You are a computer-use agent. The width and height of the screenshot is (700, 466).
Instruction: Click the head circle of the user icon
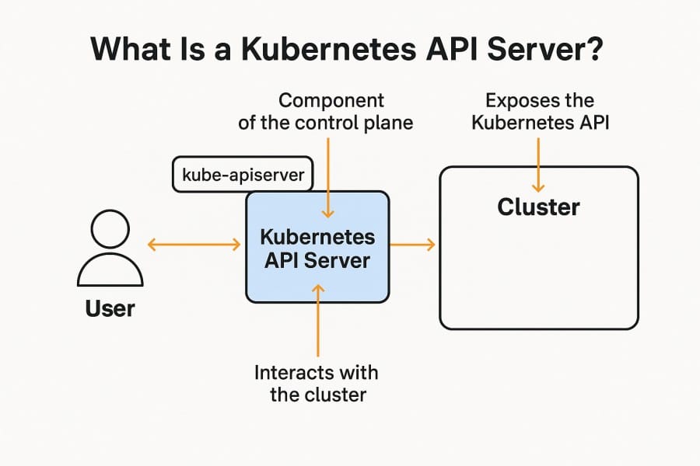pyautogui.click(x=110, y=231)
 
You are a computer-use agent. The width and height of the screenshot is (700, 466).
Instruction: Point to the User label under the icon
pyautogui.click(x=110, y=308)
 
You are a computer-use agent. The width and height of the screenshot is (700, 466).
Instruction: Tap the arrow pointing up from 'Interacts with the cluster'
pyautogui.click(x=318, y=318)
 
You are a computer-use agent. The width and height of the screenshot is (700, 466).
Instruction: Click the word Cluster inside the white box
pyautogui.click(x=538, y=207)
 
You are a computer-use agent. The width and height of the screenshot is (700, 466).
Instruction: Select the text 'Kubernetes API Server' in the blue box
pyautogui.click(x=317, y=249)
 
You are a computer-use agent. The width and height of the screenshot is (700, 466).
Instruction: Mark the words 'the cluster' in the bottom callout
pyautogui.click(x=317, y=395)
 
